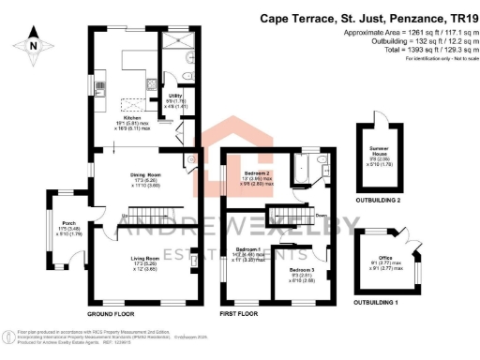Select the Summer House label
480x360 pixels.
click(x=382, y=154)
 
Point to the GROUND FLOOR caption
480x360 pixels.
click(x=115, y=313)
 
